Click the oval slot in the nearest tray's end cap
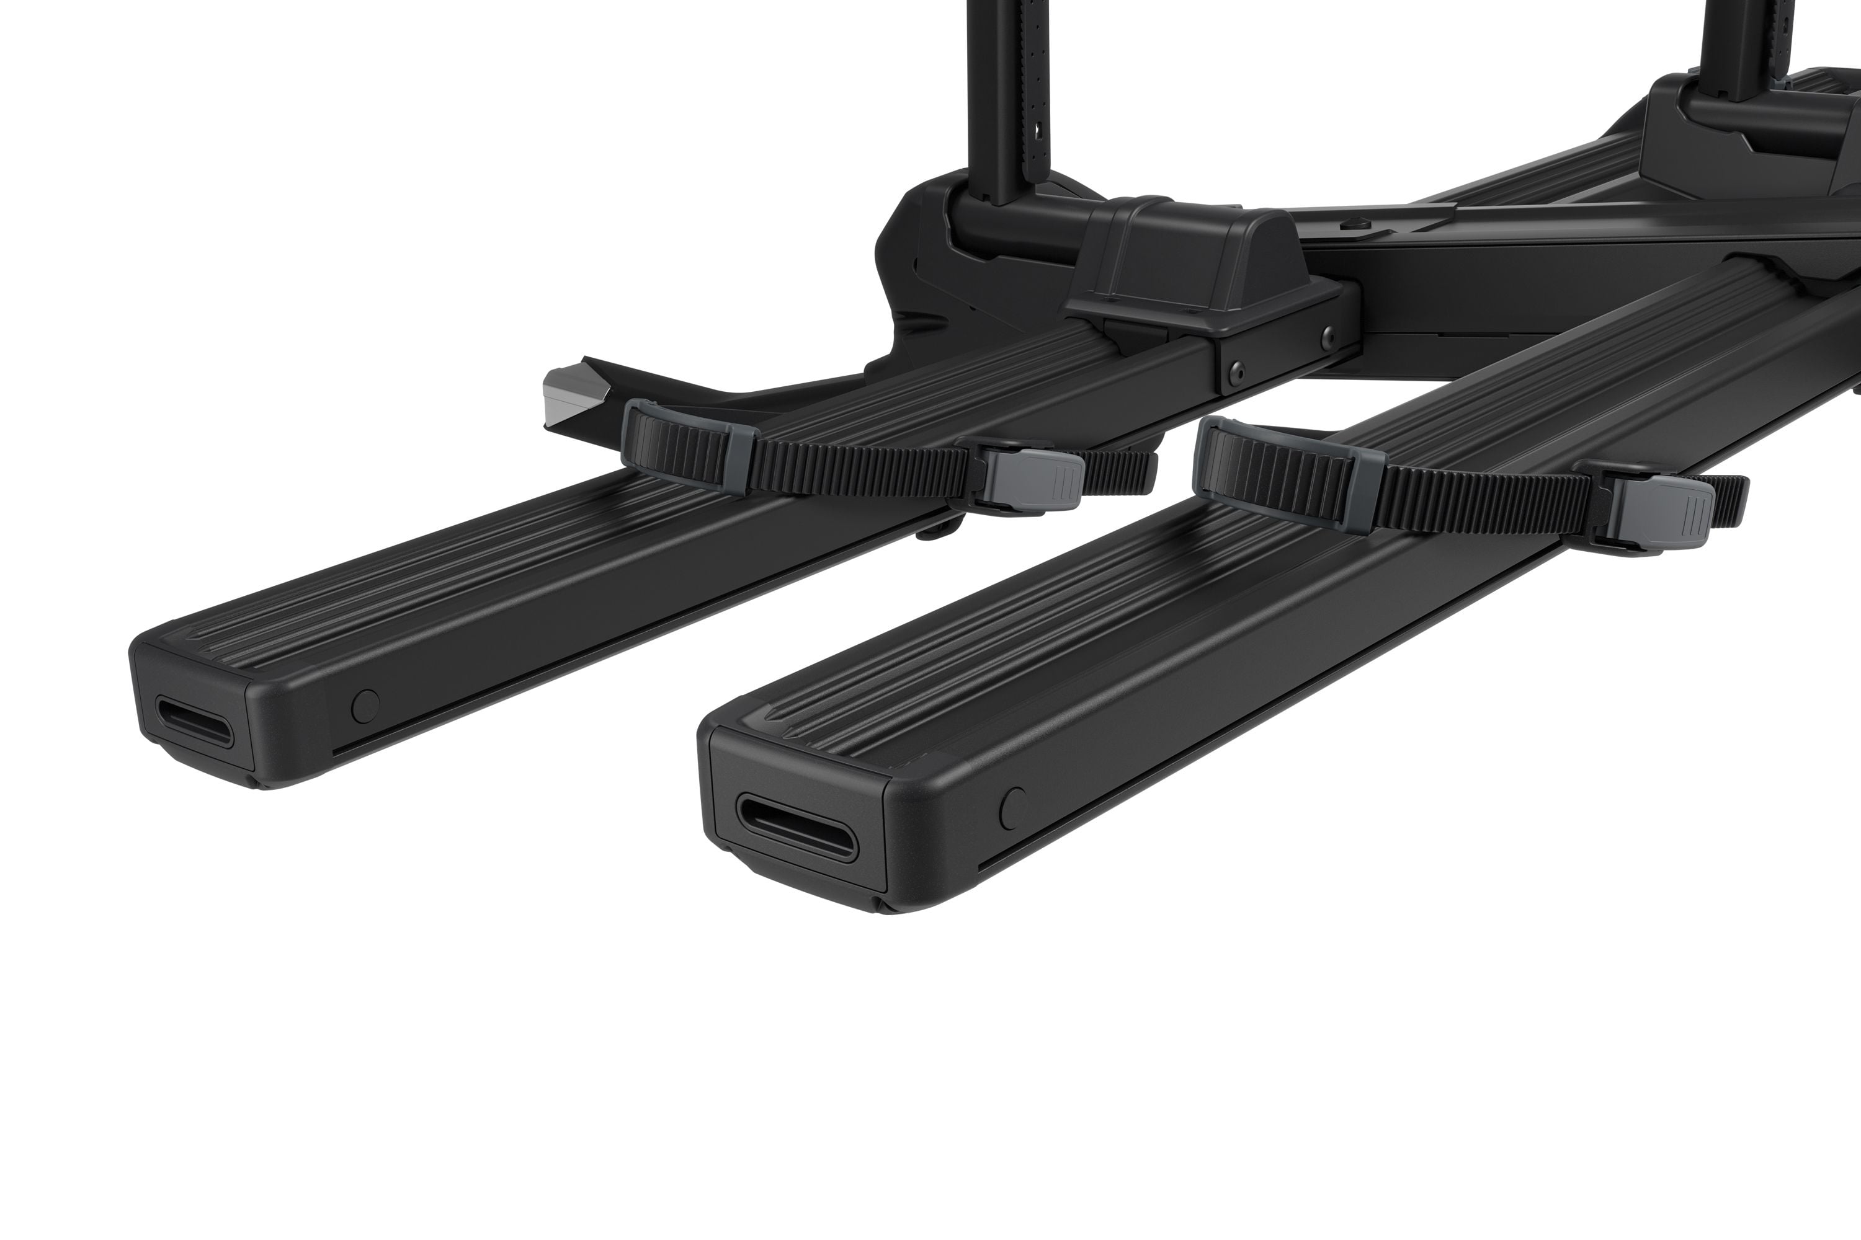[x=795, y=827]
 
